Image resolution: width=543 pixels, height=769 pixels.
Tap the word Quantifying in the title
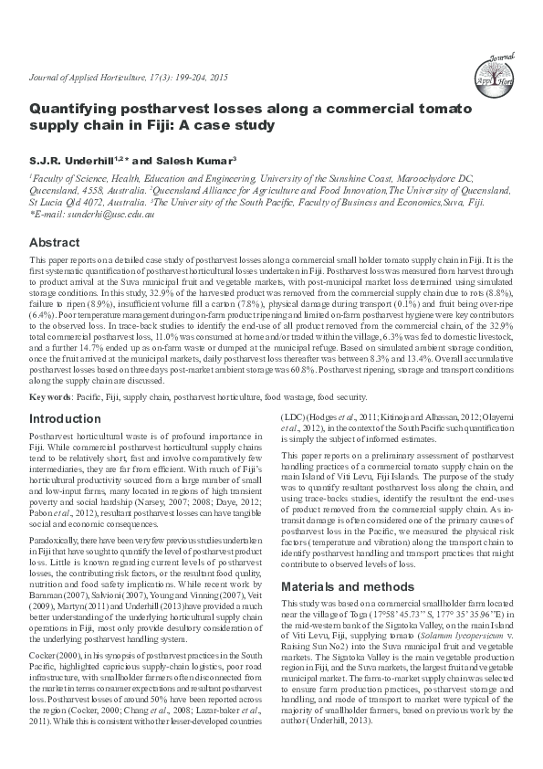(77, 108)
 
